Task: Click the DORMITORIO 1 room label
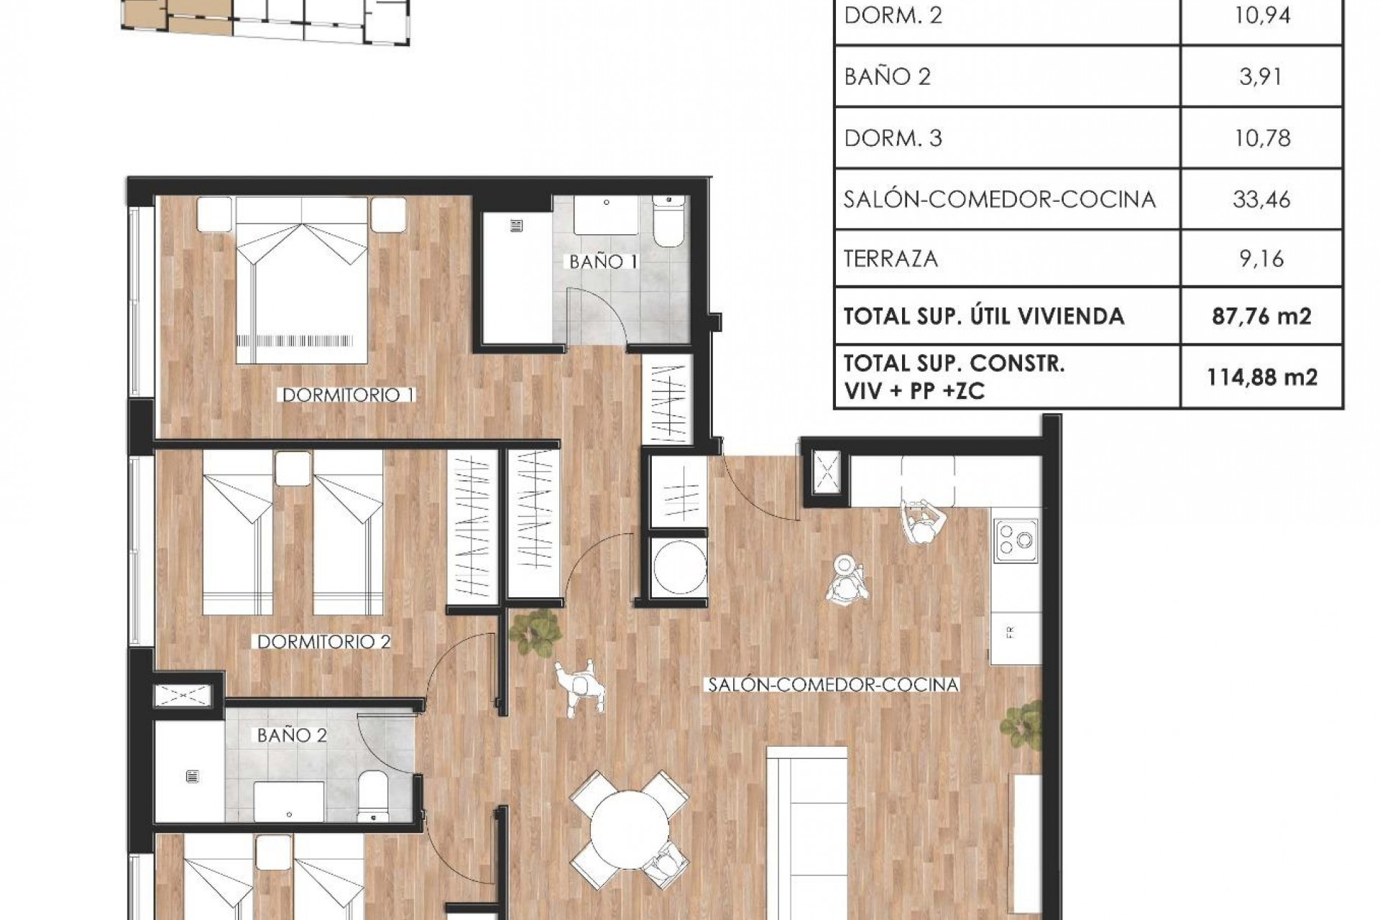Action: [x=349, y=395]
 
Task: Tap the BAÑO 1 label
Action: [x=603, y=262]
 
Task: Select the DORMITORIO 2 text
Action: [x=323, y=641]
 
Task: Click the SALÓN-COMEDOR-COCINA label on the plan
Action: [x=833, y=684]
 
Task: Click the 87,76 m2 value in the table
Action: [x=1261, y=316]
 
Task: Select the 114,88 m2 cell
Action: [x=1261, y=377]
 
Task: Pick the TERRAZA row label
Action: [x=891, y=258]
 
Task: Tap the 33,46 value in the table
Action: [x=1261, y=199]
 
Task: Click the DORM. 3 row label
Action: [x=893, y=138]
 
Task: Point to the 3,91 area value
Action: [x=1261, y=76]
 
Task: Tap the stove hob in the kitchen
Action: [x=1015, y=540]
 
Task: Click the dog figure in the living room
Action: [x=581, y=686]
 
